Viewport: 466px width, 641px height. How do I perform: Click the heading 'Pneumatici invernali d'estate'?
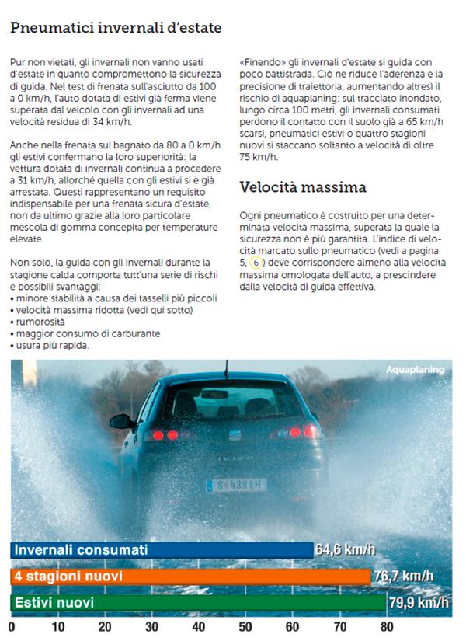[x=116, y=28]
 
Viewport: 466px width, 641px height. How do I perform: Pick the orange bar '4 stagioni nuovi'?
[x=190, y=577]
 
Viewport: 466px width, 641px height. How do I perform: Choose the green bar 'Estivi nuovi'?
[x=198, y=602]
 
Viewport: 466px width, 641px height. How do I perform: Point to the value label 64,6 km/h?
[x=345, y=550]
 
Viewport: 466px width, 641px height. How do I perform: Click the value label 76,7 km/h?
[x=403, y=577]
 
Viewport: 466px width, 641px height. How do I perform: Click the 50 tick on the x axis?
[x=245, y=626]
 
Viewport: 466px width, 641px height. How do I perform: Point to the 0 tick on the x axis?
[x=11, y=626]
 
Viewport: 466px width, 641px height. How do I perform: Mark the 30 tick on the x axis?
[x=151, y=626]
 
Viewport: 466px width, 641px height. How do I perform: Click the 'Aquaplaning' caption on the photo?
[x=415, y=370]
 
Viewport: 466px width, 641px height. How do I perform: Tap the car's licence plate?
[x=236, y=485]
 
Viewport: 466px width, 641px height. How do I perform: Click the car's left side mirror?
[x=121, y=421]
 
